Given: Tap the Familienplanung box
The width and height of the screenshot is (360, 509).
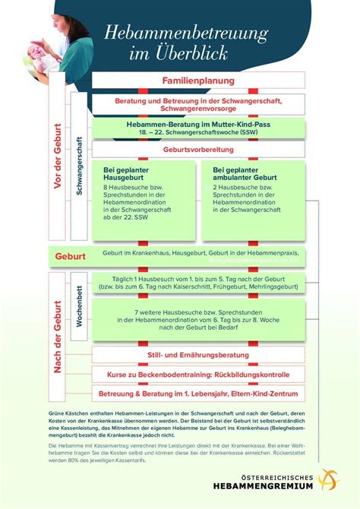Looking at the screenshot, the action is (x=197, y=81).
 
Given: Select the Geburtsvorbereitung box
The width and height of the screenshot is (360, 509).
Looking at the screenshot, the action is (x=197, y=150).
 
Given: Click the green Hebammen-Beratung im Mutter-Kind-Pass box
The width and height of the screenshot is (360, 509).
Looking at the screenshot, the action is (x=197, y=127).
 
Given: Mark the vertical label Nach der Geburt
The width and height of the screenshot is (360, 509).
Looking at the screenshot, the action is (x=56, y=334).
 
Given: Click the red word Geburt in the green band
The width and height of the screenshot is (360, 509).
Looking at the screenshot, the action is (x=70, y=257).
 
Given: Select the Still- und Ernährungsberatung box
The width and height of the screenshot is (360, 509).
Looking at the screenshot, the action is (x=197, y=356).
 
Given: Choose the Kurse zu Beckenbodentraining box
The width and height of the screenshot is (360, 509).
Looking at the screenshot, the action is (x=197, y=375).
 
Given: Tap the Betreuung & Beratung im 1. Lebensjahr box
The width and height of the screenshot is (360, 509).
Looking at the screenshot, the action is (x=197, y=394).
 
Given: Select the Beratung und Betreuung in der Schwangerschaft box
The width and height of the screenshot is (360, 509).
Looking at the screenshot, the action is (x=197, y=104).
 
